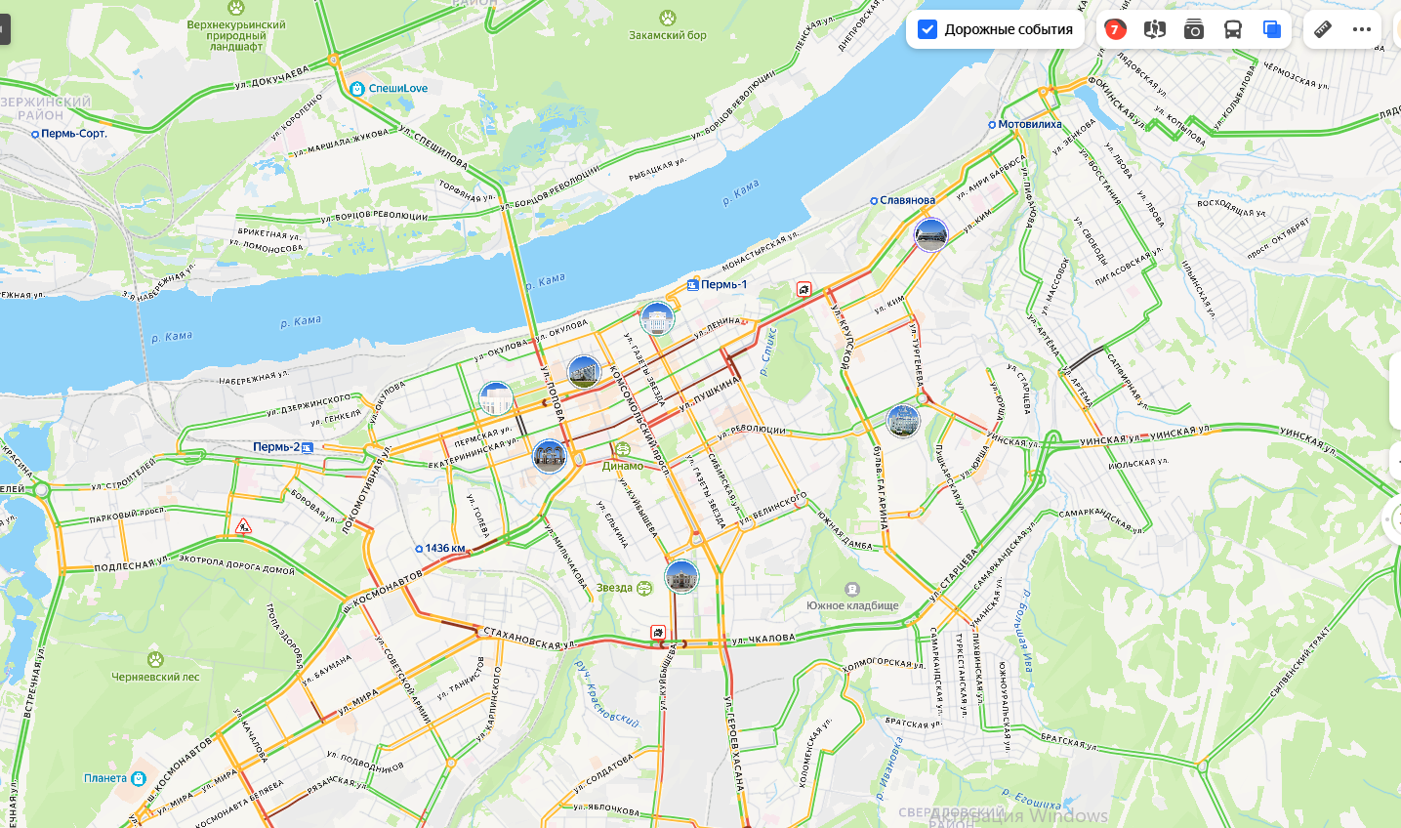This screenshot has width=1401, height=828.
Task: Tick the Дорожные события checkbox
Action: (927, 29)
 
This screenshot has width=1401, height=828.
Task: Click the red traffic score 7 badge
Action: (1115, 29)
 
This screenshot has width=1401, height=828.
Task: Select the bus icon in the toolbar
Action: (1233, 29)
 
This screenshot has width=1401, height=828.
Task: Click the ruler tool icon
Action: (1323, 29)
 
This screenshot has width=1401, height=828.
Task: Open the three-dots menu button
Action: (1362, 29)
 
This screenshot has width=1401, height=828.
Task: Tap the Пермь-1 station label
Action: (722, 284)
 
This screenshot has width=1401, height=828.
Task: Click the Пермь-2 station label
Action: (277, 446)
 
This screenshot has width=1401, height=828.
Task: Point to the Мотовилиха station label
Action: (1029, 124)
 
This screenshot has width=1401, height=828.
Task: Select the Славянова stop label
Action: (907, 200)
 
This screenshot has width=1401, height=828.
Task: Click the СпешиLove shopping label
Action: (397, 88)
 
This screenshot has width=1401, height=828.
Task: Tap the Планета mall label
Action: (105, 778)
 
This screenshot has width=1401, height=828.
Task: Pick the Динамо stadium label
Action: (623, 466)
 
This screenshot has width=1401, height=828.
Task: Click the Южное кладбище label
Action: (852, 605)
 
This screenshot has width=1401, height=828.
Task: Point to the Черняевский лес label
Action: (155, 677)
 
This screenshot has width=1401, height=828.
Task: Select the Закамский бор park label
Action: (668, 35)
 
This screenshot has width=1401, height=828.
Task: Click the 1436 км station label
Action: (444, 548)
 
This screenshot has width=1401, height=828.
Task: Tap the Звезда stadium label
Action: (615, 588)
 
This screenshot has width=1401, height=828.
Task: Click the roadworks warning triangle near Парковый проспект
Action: (243, 527)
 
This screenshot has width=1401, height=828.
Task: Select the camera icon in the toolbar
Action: (1193, 29)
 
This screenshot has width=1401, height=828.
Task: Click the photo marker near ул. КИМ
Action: (930, 234)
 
